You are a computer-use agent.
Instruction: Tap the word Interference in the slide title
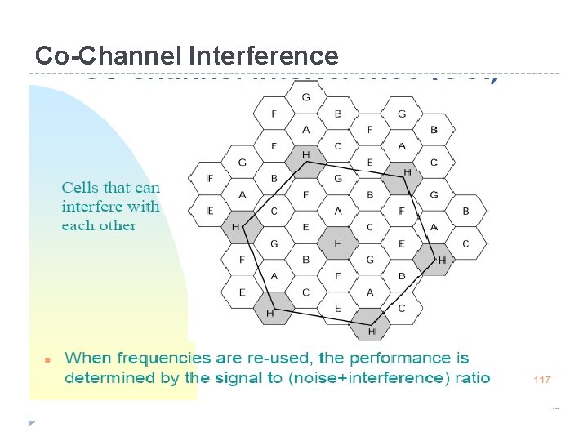point(263,56)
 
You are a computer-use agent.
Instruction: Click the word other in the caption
point(117,225)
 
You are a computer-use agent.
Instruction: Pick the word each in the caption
point(78,225)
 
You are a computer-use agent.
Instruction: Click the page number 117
point(542,380)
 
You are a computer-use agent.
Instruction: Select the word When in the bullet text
point(87,359)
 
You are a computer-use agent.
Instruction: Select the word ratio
point(472,377)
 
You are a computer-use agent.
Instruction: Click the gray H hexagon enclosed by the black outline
point(337,243)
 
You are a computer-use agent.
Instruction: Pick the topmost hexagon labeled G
point(305,97)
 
